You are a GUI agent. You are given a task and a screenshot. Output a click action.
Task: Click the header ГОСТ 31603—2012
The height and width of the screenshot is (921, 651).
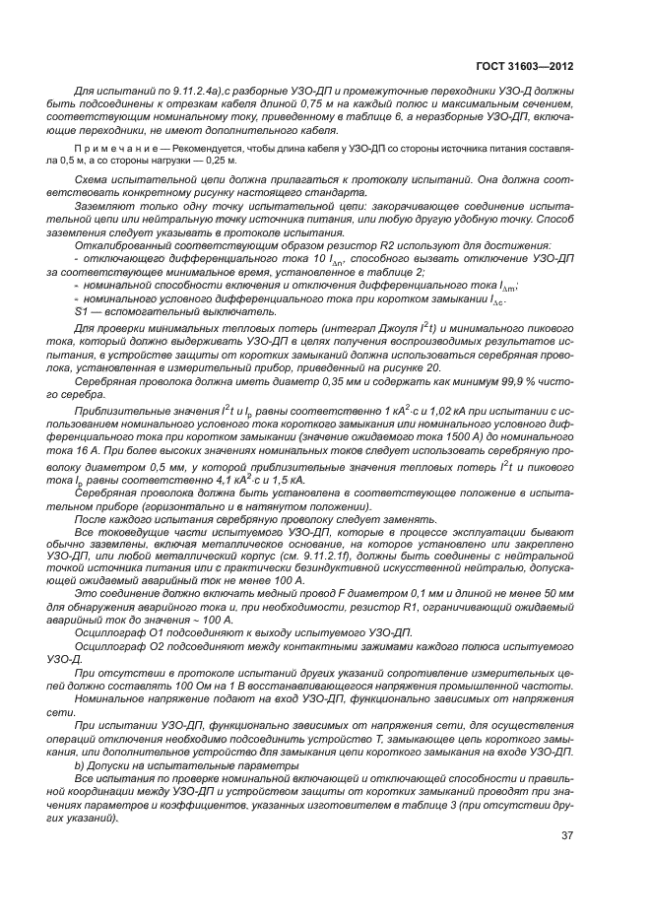(x=531, y=67)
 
